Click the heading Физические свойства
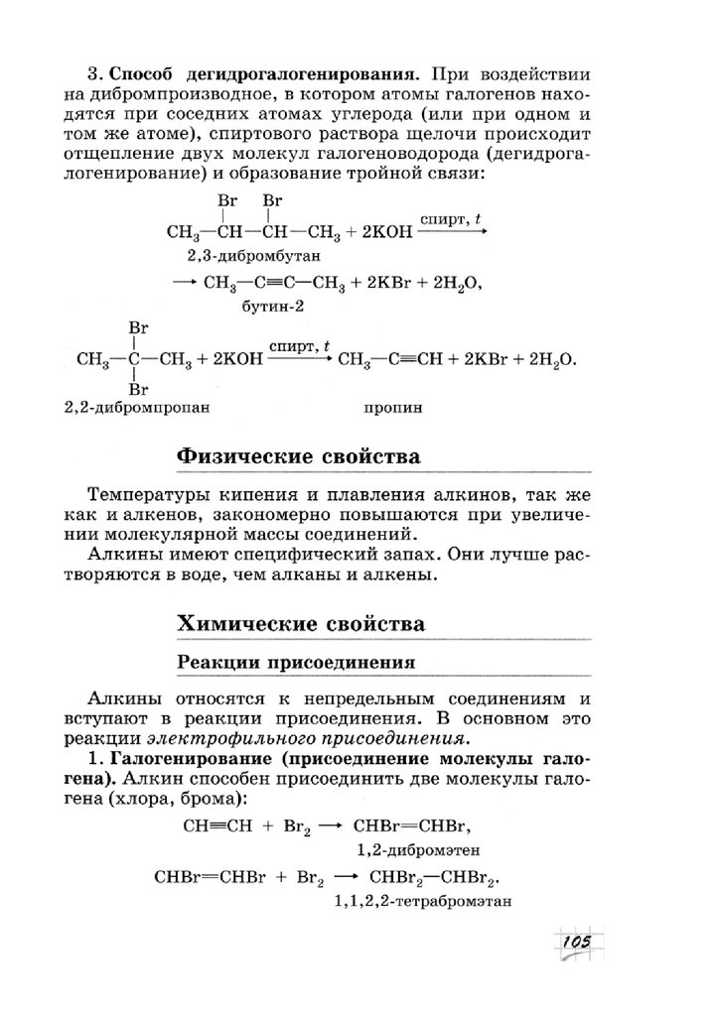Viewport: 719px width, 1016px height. point(298,457)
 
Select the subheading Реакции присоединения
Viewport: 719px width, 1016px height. point(295,661)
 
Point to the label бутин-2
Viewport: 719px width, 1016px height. point(273,308)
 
